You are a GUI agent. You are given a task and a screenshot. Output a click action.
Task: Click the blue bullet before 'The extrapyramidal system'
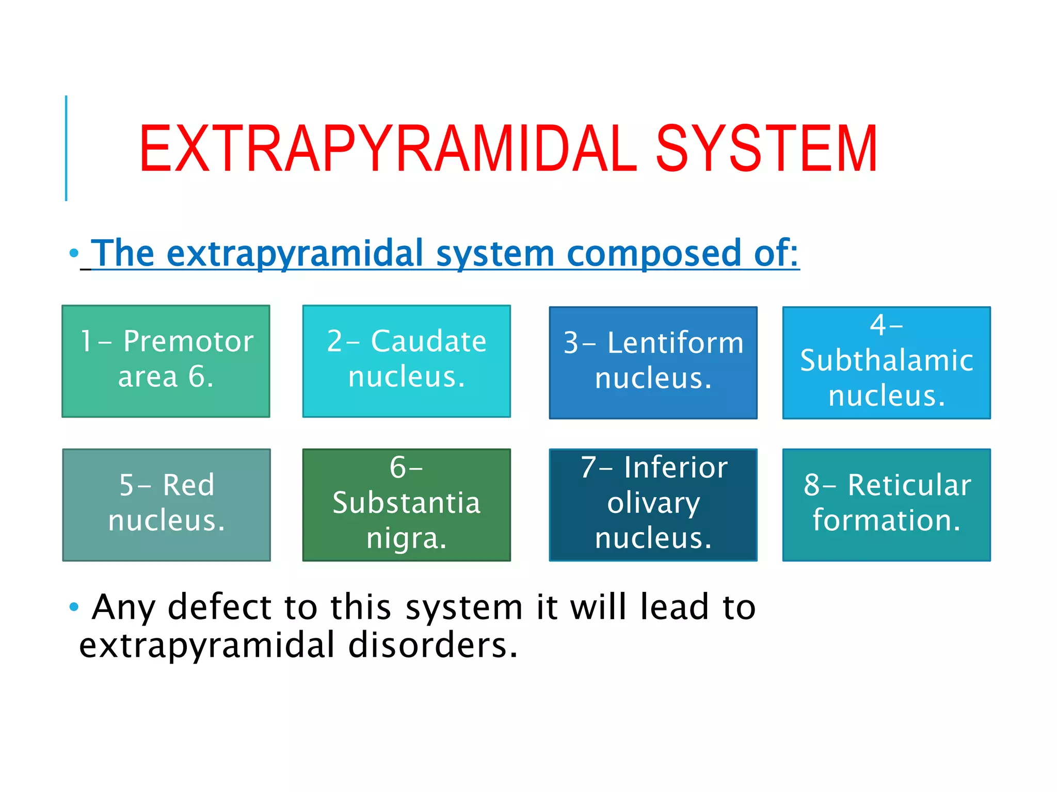[x=74, y=253]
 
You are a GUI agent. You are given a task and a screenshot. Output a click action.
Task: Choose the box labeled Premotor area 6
[x=166, y=361]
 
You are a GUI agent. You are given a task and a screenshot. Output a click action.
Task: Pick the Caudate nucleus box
[x=406, y=361]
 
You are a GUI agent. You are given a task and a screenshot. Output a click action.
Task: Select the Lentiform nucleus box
[x=653, y=362]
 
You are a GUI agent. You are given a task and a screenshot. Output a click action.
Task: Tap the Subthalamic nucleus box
[x=886, y=362]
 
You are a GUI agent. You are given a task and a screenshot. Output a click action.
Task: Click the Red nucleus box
[x=166, y=505]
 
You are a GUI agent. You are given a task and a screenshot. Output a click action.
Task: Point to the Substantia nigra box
[x=406, y=505]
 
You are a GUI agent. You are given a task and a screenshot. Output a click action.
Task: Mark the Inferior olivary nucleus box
[x=653, y=505]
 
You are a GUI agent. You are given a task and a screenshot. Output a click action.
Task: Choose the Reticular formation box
[x=886, y=505]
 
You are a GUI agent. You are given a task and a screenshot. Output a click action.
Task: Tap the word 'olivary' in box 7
[x=653, y=503]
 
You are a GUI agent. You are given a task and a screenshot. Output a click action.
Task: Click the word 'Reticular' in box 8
[x=909, y=485]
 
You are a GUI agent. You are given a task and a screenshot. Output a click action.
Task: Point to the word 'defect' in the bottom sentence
[x=220, y=607]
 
